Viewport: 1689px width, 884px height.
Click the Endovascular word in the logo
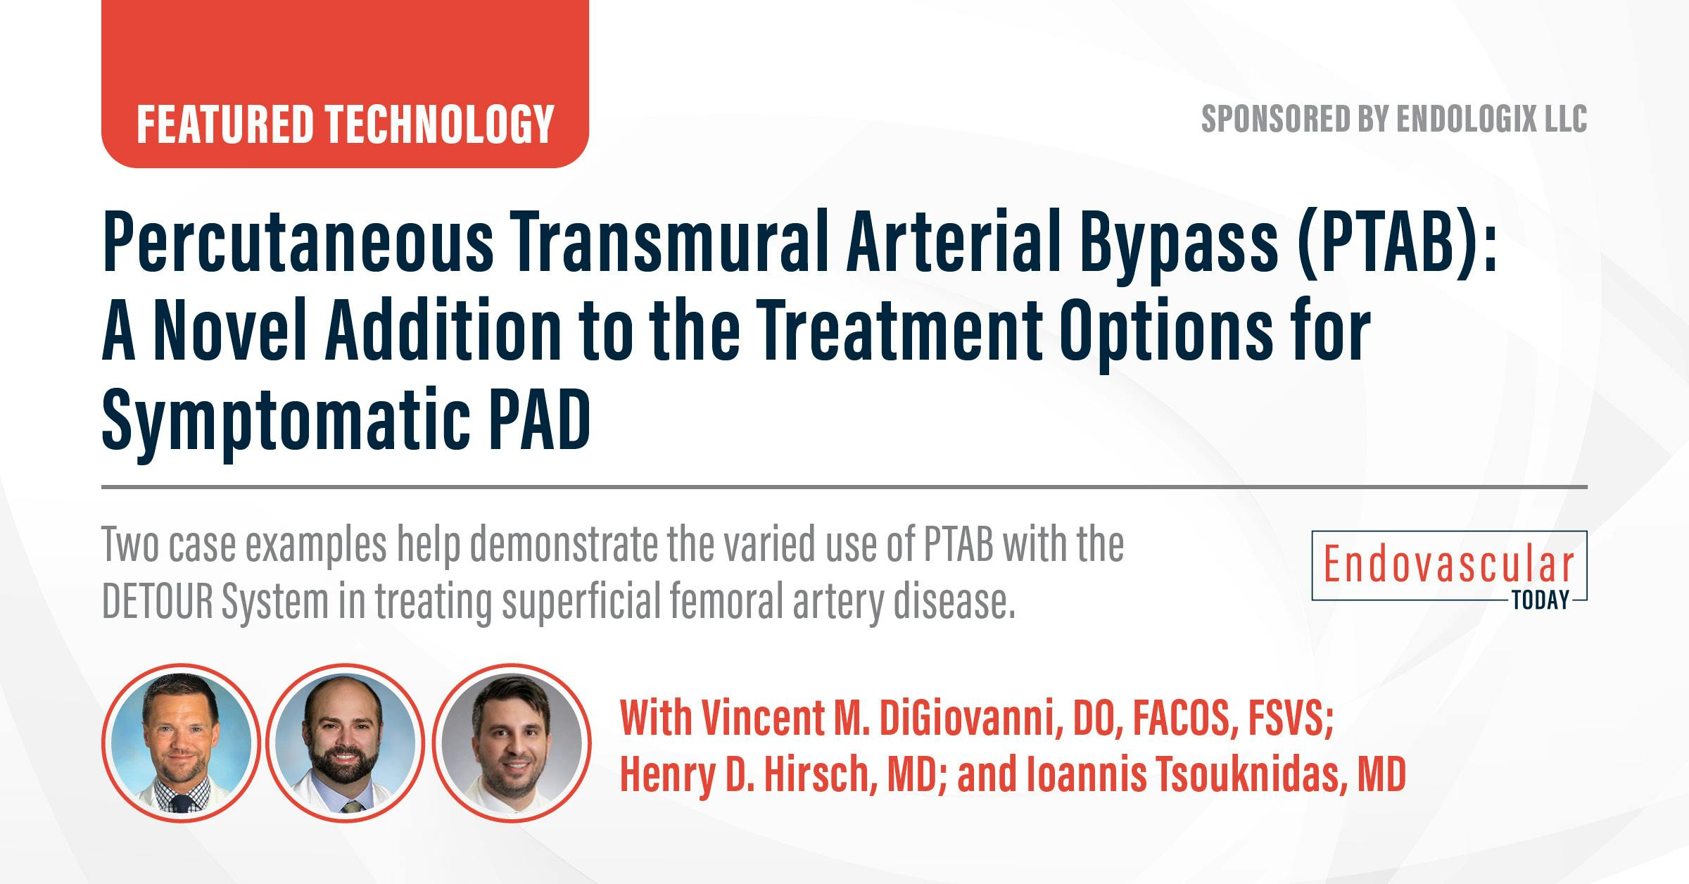click(x=1448, y=565)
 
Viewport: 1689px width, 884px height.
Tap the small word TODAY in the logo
click(x=1540, y=600)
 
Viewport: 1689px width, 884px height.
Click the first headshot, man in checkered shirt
click(x=181, y=743)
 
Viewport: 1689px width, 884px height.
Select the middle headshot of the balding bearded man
click(x=346, y=743)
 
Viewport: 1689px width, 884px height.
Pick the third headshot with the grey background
click(x=512, y=743)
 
